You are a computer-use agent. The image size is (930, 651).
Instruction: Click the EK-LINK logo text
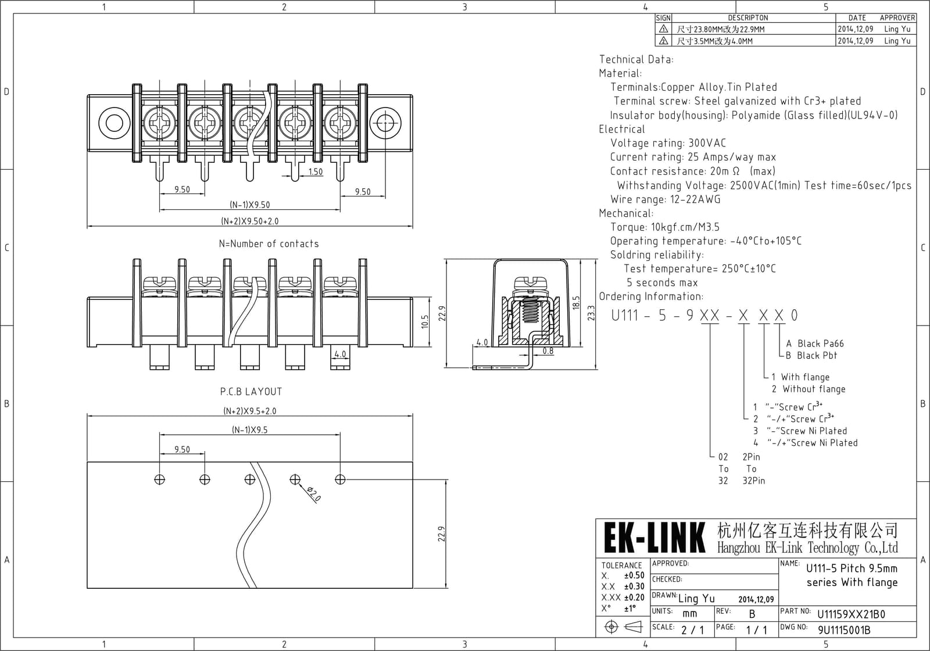[654, 538]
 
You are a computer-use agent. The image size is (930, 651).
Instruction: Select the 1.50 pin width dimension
[316, 171]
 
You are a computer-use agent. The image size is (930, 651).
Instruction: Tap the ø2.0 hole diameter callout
[314, 493]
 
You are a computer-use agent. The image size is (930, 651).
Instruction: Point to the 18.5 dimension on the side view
[575, 303]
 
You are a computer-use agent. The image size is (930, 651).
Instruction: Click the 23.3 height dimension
[591, 313]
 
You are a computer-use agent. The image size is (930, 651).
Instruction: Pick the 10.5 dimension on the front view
[425, 322]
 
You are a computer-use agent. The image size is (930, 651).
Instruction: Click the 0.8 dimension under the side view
[548, 351]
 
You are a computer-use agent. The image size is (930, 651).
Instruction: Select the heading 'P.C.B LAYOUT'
[251, 392]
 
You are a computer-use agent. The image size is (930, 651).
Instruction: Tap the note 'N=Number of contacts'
[269, 244]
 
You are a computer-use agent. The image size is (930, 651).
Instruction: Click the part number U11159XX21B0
[851, 614]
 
